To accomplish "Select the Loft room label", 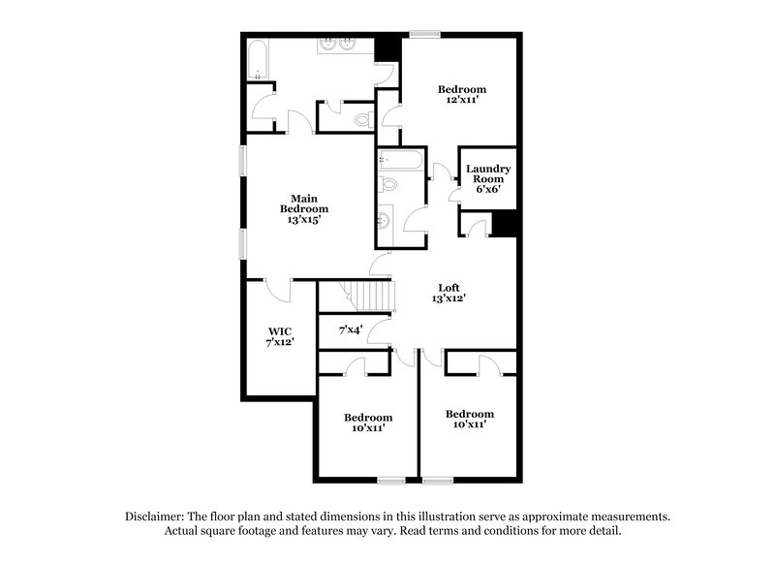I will pos(449,287).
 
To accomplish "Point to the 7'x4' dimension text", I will pos(351,330).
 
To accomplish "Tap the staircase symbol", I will pos(371,294).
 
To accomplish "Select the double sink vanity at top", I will pos(337,43).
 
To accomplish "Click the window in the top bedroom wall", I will pos(424,35).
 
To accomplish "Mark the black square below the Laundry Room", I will pos(504,223).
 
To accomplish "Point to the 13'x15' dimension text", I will pos(304,220).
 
